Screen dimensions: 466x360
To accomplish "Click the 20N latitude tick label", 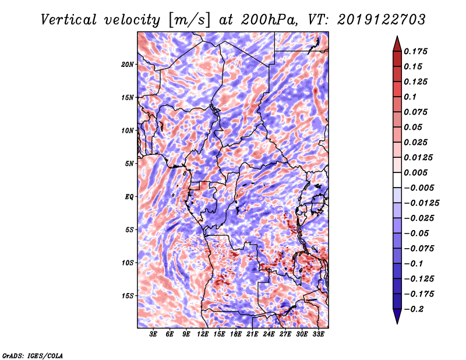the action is pyautogui.click(x=128, y=65).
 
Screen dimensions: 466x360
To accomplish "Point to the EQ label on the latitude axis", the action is pyautogui.click(x=129, y=197).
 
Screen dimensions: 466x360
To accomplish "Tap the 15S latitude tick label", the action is pyautogui.click(x=128, y=296).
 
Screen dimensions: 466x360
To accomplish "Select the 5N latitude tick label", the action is pyautogui.click(x=129, y=164).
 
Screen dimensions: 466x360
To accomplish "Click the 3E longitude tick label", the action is pyautogui.click(x=153, y=334).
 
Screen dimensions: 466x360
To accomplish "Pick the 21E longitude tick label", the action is pyautogui.click(x=252, y=334).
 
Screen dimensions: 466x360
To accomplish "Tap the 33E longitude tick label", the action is pyautogui.click(x=318, y=334).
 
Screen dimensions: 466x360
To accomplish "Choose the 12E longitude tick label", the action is pyautogui.click(x=203, y=334).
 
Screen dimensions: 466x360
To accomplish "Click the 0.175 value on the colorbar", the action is pyautogui.click(x=415, y=51).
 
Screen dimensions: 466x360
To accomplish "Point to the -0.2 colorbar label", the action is pyautogui.click(x=414, y=309).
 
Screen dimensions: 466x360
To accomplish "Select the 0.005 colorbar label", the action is pyautogui.click(x=415, y=172).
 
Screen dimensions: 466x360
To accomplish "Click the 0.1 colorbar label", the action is pyautogui.click(x=410, y=97).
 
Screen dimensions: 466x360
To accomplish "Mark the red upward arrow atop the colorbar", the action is pyautogui.click(x=397, y=44).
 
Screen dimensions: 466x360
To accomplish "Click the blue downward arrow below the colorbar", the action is pyautogui.click(x=397, y=316).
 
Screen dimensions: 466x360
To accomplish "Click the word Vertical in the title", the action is pyautogui.click(x=69, y=20).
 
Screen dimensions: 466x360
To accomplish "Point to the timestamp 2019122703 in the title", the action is pyautogui.click(x=382, y=20).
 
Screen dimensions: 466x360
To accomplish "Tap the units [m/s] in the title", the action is pyautogui.click(x=189, y=20).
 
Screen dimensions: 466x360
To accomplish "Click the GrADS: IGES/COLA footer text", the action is pyautogui.click(x=33, y=355).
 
